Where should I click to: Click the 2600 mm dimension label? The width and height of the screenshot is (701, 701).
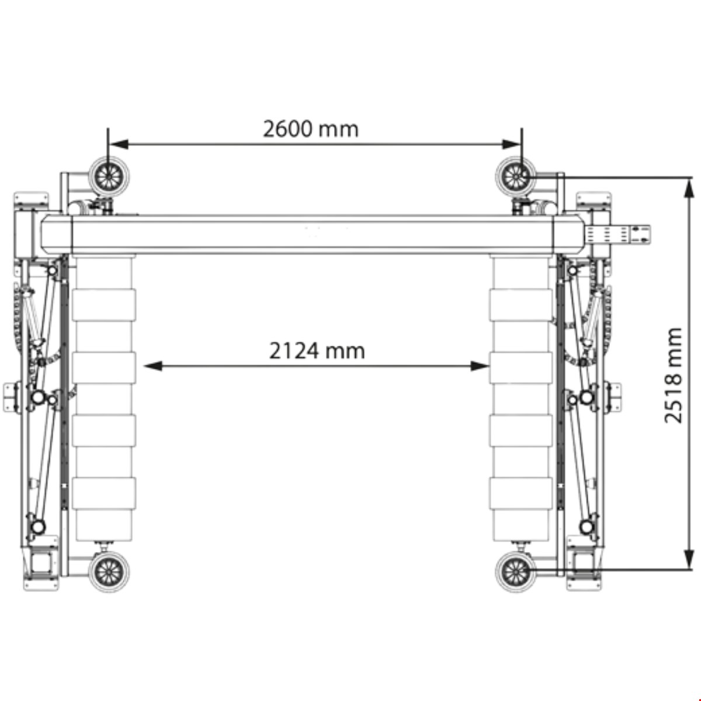point(311,129)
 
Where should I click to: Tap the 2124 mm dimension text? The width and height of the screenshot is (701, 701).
point(317,351)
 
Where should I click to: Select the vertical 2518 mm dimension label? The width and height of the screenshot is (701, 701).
point(672,375)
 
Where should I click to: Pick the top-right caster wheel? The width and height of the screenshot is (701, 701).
point(516,177)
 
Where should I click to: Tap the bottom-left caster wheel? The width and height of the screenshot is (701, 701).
point(109,571)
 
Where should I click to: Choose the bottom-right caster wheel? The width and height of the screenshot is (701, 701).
point(516,571)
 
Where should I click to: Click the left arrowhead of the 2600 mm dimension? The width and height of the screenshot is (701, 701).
point(119,144)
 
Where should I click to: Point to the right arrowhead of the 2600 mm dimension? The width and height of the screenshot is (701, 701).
point(512,144)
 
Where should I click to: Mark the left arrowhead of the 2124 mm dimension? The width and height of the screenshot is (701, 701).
point(153,366)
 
